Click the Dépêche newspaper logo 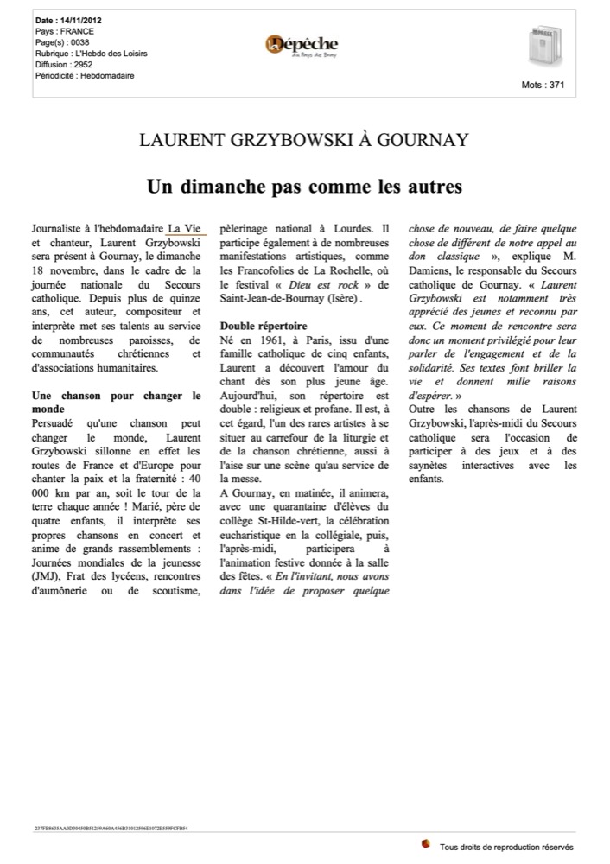click(x=302, y=45)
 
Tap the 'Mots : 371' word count click(x=543, y=86)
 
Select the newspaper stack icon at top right click(x=544, y=47)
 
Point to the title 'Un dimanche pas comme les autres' click(x=304, y=186)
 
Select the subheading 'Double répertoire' click(x=260, y=327)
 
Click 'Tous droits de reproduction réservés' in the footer click(x=505, y=848)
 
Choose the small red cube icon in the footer click(x=425, y=843)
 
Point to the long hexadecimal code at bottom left click(x=111, y=828)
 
